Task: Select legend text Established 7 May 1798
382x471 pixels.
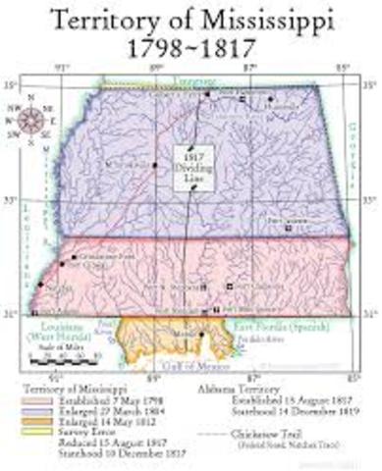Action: pyautogui.click(x=88, y=401)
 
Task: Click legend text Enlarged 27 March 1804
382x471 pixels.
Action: pyautogui.click(x=88, y=413)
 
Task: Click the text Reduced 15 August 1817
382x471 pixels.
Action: pyautogui.click(x=93, y=447)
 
